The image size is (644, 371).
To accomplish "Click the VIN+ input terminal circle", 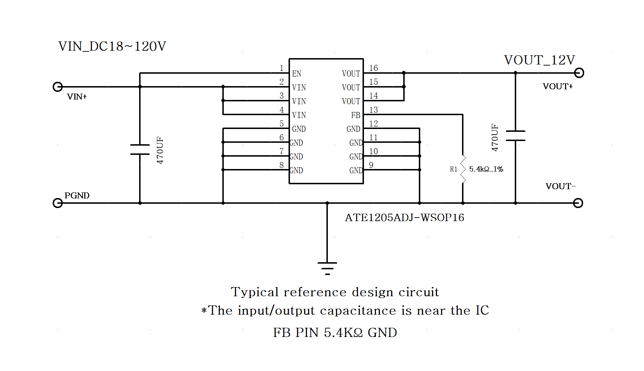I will click(57, 87).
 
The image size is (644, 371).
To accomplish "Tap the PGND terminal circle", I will click(57, 203).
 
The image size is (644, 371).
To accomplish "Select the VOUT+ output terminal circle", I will click(579, 73).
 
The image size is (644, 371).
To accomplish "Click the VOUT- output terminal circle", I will click(578, 203).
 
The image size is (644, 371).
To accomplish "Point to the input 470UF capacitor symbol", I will click(140, 150).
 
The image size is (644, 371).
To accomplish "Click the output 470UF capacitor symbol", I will click(515, 136).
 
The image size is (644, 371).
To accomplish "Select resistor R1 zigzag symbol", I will click(463, 169).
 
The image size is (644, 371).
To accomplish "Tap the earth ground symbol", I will click(327, 268).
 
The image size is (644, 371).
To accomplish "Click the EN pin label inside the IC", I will click(297, 74).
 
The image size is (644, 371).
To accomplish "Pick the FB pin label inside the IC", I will click(355, 115).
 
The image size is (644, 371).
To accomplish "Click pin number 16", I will click(374, 68).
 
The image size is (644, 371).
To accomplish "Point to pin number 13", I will click(374, 110).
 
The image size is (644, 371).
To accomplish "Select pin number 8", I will click(281, 165).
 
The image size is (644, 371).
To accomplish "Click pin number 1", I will click(281, 68).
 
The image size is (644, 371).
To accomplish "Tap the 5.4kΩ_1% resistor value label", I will click(486, 169).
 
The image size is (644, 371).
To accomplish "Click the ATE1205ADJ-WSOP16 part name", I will click(404, 218).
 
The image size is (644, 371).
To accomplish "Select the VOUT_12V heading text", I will click(539, 60).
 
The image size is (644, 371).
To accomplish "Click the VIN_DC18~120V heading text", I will click(112, 46).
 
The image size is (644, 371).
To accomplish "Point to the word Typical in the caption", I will click(255, 292).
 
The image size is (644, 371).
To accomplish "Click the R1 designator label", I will click(454, 169).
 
